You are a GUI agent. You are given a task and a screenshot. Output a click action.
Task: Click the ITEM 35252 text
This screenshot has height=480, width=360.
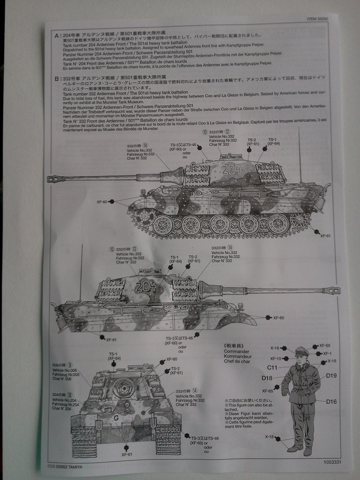[x=317, y=19]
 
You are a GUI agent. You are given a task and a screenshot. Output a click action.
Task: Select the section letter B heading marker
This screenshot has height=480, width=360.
[x=56, y=79]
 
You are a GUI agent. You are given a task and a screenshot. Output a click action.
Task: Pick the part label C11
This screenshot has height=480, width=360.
[x=273, y=367]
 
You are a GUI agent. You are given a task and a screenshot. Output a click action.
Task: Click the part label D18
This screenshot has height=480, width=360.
[x=267, y=378]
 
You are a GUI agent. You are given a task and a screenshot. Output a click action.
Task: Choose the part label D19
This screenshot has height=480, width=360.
[x=332, y=375]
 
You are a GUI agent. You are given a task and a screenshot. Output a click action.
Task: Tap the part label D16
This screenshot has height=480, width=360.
[x=332, y=401]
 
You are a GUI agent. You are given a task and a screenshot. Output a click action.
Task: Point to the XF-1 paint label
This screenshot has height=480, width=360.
[x=327, y=354]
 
